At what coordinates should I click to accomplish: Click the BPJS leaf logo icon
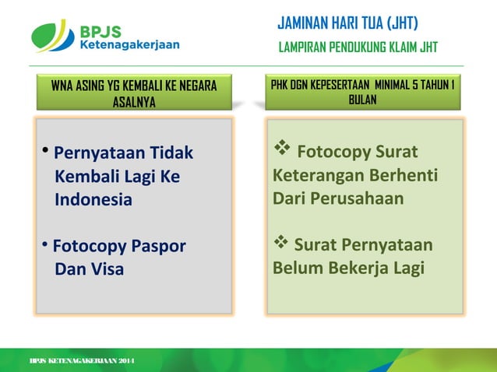[x=52, y=36]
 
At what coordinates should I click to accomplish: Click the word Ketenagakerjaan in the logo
[x=129, y=45]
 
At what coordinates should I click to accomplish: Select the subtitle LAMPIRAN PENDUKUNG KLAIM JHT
[x=358, y=48]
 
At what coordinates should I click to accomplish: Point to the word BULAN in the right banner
[x=363, y=100]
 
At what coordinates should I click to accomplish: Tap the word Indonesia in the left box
[x=93, y=199]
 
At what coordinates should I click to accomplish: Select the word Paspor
[x=153, y=247]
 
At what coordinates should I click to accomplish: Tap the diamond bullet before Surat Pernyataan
[x=281, y=245]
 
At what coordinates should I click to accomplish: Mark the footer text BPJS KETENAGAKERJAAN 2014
[x=82, y=362]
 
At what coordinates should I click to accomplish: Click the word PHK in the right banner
[x=281, y=85]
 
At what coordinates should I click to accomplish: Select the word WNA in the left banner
[x=64, y=86]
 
